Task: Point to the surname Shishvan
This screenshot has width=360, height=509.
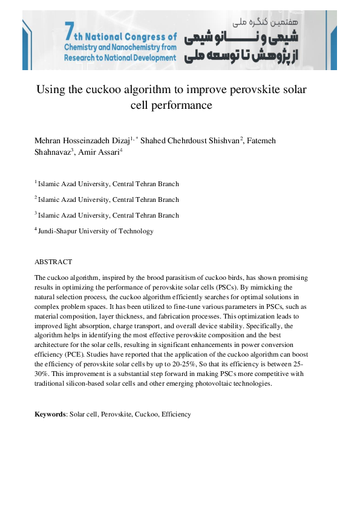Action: click(222, 140)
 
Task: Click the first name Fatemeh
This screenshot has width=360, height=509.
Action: click(260, 140)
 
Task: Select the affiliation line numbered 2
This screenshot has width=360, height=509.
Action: click(107, 199)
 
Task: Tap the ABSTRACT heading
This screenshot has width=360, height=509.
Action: click(53, 262)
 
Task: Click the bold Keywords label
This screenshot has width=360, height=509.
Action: click(50, 414)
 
